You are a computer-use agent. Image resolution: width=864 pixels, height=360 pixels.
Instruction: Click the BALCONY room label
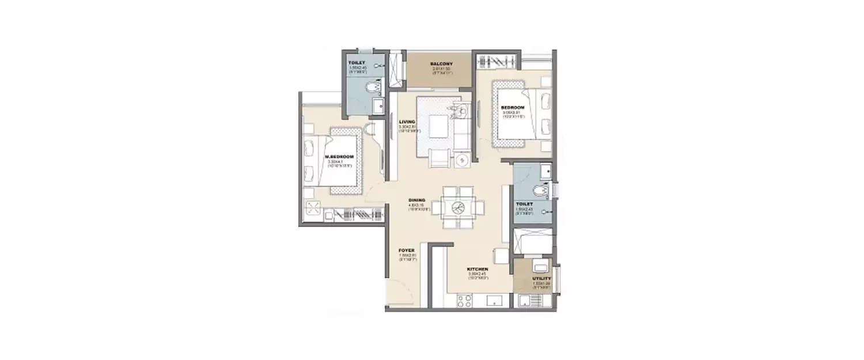pos(442,64)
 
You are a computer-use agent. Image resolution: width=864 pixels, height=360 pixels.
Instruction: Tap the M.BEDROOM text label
pos(339,157)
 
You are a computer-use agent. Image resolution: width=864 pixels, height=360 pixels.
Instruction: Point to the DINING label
pos(416,200)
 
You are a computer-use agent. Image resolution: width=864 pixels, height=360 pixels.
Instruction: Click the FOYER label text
pos(407,251)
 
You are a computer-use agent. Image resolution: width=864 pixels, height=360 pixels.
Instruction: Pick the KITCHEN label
pos(478,269)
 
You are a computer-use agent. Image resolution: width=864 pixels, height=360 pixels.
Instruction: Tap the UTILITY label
pos(541,279)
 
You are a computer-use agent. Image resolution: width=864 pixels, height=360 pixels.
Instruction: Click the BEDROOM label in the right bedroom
pos(512,108)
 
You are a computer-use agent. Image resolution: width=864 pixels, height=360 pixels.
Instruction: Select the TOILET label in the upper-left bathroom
pos(357,62)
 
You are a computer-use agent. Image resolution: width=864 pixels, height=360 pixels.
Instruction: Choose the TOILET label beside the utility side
pos(525,204)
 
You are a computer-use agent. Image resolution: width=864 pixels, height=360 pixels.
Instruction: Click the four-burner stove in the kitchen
pos(464,301)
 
